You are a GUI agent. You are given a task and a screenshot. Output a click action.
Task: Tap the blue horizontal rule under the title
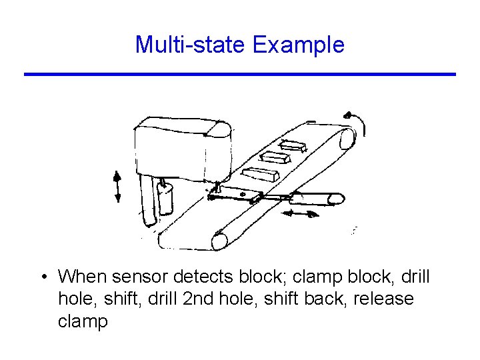coord(240,74)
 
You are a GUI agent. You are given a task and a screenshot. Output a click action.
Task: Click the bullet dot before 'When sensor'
coord(42,277)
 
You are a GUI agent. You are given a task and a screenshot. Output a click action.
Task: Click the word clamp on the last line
coord(83,322)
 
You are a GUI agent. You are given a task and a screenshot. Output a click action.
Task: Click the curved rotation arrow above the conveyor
coord(358,123)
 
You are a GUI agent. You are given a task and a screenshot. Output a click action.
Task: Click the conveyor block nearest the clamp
coord(260,175)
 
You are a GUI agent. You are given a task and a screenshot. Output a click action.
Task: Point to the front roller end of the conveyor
coord(220,239)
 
